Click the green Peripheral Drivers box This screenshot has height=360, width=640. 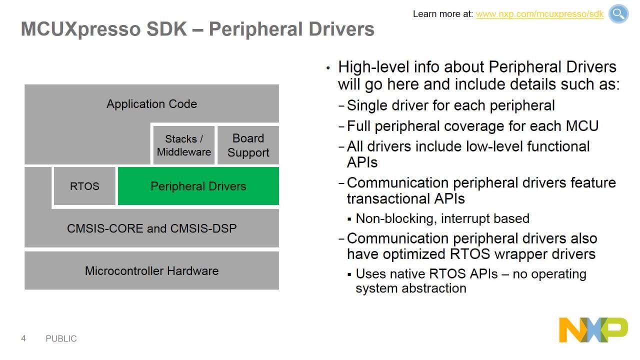[x=198, y=186]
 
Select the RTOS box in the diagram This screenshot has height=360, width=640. [x=84, y=186]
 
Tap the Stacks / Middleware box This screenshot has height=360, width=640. [x=183, y=145]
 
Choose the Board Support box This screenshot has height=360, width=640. [x=248, y=145]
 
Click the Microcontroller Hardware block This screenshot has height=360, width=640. [x=151, y=270]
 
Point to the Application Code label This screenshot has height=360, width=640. [x=151, y=104]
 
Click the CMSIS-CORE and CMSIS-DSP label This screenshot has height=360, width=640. [x=151, y=228]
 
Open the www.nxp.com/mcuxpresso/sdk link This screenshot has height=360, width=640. [x=539, y=14]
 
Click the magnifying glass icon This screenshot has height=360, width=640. [x=618, y=13]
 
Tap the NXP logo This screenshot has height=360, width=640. [x=593, y=329]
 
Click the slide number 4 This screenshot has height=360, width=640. [x=23, y=338]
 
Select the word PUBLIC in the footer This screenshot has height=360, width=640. [x=61, y=338]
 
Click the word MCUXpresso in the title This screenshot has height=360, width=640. [x=80, y=29]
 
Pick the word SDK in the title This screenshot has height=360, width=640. [x=166, y=29]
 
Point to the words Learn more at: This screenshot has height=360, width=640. [x=443, y=14]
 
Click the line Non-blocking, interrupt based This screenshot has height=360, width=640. [x=442, y=218]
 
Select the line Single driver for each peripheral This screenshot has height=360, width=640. [x=451, y=105]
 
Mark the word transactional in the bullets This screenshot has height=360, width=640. [x=388, y=198]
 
